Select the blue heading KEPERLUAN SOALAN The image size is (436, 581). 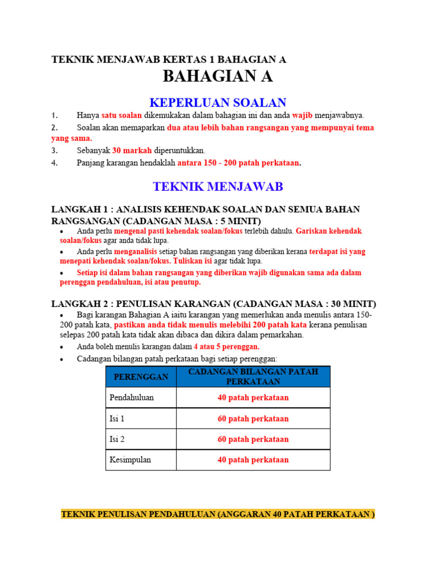[218, 103]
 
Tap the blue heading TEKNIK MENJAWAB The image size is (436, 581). [218, 186]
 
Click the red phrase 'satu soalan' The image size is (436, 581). [121, 116]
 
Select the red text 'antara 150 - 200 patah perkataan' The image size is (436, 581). [238, 163]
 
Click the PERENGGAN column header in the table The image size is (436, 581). [141, 377]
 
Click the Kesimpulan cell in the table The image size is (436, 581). [130, 460]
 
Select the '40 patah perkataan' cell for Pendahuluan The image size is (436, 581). [253, 398]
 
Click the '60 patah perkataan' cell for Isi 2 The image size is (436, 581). [253, 439]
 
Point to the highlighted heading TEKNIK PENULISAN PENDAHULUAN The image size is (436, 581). [218, 515]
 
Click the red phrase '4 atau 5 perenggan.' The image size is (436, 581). [227, 347]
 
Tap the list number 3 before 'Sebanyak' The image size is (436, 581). [54, 150]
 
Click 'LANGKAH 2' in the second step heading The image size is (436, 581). [77, 304]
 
